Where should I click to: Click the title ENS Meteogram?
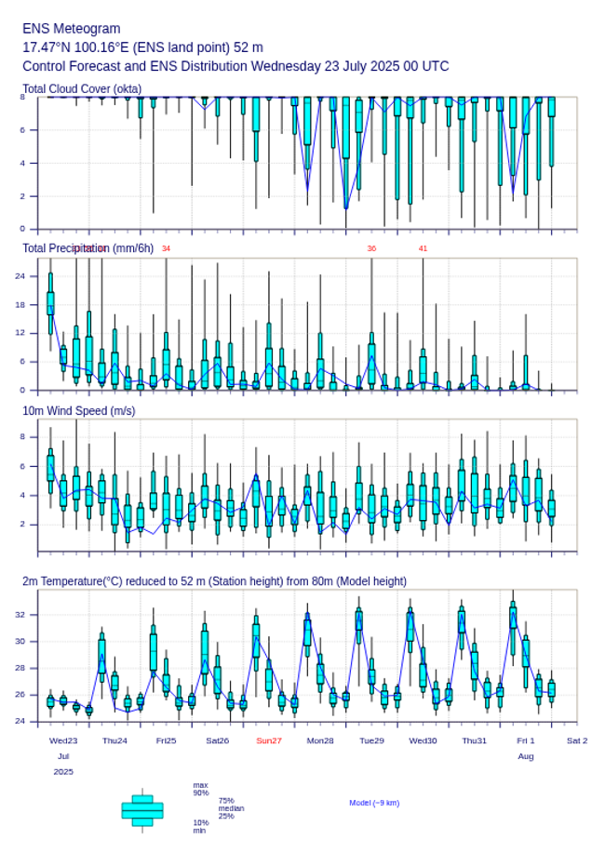pos(72,29)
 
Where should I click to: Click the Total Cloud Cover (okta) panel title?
pos(82,89)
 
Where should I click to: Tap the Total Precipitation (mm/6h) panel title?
pos(87,247)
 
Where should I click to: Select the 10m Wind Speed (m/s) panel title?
pos(78,410)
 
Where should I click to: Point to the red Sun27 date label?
pos(269,740)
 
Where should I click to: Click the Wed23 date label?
pos(63,740)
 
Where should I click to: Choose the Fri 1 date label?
pos(526,740)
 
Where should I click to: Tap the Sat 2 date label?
pos(577,740)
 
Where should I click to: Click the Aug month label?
pos(526,756)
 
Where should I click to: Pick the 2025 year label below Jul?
pos(63,772)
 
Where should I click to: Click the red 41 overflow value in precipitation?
pos(423,248)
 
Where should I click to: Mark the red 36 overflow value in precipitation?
pos(371,248)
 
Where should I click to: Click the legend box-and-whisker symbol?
pos(142,810)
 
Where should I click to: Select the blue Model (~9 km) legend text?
pos(374,803)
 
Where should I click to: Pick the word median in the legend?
pos(231,808)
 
